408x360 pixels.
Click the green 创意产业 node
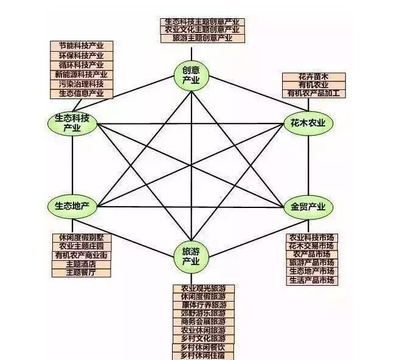pyautogui.click(x=192, y=75)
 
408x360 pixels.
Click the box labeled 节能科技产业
pyautogui.click(x=81, y=46)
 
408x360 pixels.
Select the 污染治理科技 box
pyautogui.click(x=81, y=84)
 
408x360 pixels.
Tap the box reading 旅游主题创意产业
pyautogui.click(x=203, y=38)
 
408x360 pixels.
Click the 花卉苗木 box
pyautogui.click(x=314, y=77)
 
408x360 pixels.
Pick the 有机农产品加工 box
pyautogui.click(x=314, y=94)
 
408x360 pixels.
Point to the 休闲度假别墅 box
pyautogui.click(x=81, y=237)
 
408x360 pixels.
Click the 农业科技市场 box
pyautogui.click(x=311, y=237)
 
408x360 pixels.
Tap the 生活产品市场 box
pyautogui.click(x=311, y=280)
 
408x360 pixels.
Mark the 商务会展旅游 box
pyautogui.click(x=204, y=321)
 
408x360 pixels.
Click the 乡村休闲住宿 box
pyautogui.click(x=204, y=355)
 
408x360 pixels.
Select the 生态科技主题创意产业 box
pyautogui.click(x=203, y=22)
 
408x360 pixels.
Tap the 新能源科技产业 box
pyautogui.click(x=81, y=74)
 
